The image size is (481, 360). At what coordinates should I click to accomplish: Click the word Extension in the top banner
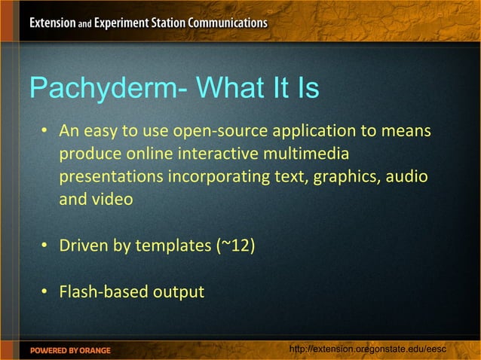tap(52, 23)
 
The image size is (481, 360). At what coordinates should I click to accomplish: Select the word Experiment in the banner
tap(123, 23)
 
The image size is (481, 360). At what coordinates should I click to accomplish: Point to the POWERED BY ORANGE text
tap(70, 350)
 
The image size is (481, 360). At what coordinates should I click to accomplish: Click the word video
tap(112, 200)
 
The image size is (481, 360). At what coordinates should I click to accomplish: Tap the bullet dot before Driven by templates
tap(45, 246)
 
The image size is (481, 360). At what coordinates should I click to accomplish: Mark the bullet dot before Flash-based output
tap(45, 291)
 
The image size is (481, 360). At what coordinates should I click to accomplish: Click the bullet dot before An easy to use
tap(45, 132)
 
